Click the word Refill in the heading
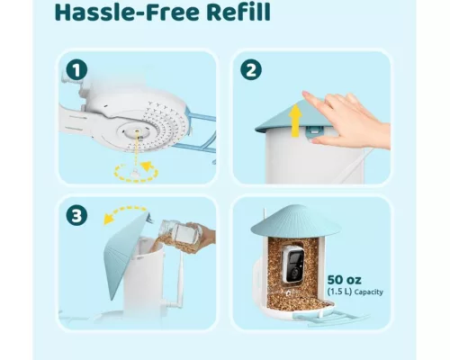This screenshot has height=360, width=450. pos(238,12)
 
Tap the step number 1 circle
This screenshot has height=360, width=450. pos(76,70)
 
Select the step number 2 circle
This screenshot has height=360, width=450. pos(251,70)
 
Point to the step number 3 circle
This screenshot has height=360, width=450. pos(76,216)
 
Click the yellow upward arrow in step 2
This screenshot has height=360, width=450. pos(296,120)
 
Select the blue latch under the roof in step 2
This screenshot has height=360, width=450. pos(315,131)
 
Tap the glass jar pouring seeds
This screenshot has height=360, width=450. pos(182,232)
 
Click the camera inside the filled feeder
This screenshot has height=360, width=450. pos(293,264)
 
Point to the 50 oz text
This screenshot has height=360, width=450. pos(344,280)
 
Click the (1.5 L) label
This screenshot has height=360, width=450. pos(339,292)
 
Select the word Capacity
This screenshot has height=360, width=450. pos(369,292)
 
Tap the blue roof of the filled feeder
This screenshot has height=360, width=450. pos(295,221)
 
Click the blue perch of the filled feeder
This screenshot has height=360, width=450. pos(330,318)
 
